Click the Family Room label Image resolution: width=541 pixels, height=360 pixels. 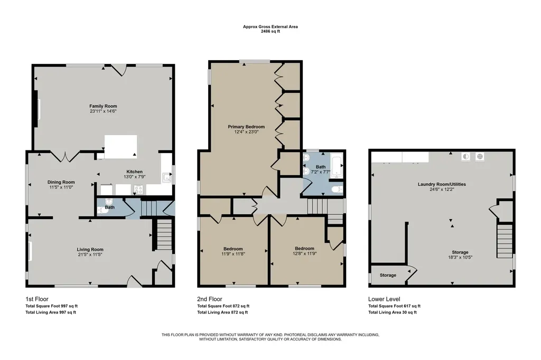[x=103, y=106]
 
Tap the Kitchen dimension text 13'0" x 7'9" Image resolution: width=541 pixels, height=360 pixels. [x=135, y=177]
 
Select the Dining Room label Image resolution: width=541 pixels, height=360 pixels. [x=61, y=182]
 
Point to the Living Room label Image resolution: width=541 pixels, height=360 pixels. [x=90, y=249]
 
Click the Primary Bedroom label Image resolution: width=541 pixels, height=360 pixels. [x=246, y=127]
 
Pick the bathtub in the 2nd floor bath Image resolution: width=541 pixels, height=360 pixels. [x=336, y=167]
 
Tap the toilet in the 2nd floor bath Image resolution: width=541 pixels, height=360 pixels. [x=337, y=190]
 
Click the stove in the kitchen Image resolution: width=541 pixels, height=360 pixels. [x=139, y=190]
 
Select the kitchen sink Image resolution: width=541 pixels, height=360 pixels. [x=167, y=177]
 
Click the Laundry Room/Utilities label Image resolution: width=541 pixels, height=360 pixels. [x=442, y=184]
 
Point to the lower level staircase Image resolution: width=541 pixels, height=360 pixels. [x=505, y=241]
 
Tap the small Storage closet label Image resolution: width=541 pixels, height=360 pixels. [x=388, y=275]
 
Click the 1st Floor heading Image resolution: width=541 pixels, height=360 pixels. [x=37, y=299]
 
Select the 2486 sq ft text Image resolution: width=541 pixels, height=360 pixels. [x=270, y=31]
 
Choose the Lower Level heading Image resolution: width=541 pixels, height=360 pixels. [x=384, y=299]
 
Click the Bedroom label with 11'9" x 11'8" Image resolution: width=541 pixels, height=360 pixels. [x=233, y=249]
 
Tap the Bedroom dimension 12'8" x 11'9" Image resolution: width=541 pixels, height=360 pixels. [x=305, y=253]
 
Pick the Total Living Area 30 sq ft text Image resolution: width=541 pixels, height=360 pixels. [x=393, y=312]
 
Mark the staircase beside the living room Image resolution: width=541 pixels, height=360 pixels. [x=164, y=235]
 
